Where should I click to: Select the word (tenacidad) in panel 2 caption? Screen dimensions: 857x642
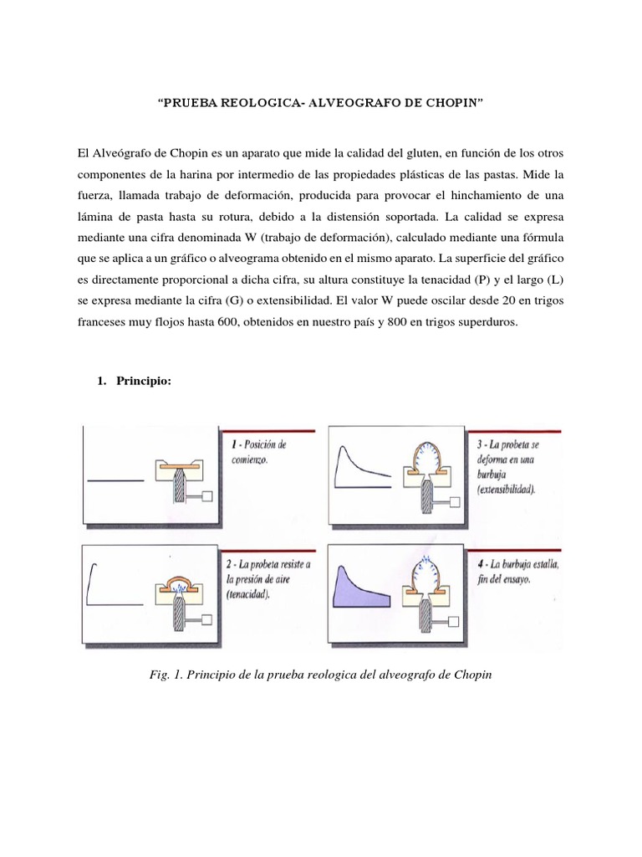coord(254,595)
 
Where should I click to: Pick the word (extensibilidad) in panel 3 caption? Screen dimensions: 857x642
coord(515,488)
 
